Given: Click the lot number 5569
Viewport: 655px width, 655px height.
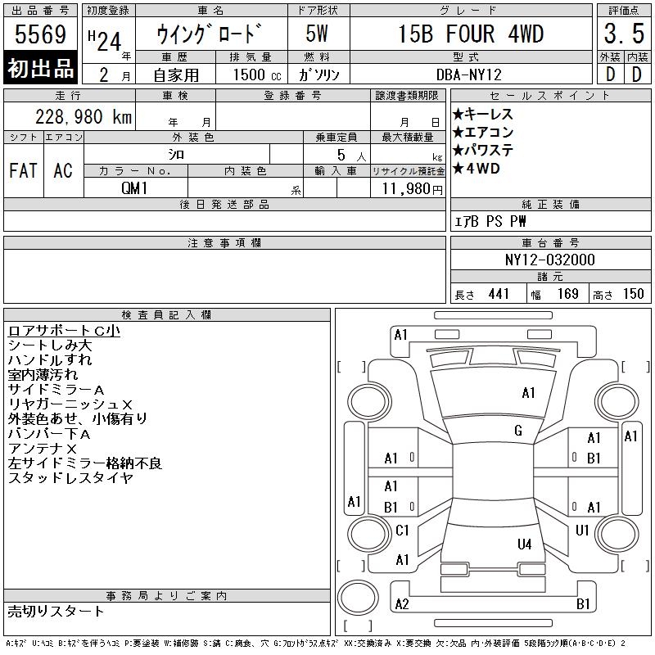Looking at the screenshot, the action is (40, 34).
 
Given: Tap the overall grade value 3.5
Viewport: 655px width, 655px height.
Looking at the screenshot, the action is (624, 34).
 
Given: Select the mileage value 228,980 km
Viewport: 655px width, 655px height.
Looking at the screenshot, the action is (84, 116).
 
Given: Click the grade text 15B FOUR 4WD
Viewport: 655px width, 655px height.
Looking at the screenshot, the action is (471, 34).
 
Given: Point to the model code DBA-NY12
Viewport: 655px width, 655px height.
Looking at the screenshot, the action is (468, 75).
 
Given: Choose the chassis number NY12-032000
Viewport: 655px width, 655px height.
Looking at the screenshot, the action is (549, 260).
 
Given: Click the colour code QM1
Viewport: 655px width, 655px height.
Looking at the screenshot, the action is (134, 188).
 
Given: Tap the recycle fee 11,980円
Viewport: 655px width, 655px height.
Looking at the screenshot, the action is (413, 189).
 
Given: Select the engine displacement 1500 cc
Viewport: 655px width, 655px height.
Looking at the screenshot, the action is (257, 75).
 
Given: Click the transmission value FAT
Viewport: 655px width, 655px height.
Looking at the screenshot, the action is (24, 170).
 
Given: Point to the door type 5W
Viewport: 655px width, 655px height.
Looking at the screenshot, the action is (317, 34).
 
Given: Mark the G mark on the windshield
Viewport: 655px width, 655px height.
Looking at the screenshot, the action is (518, 431).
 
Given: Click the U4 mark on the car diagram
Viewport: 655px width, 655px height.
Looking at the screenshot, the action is (524, 544).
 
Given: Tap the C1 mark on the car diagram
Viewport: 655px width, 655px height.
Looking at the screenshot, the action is (402, 531).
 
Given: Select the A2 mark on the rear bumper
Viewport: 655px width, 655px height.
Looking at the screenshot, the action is (402, 604).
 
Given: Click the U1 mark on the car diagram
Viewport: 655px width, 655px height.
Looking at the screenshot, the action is (582, 531).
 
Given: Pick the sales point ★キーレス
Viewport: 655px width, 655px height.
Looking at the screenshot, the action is (482, 114).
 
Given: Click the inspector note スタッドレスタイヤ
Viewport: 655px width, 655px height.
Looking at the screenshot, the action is (70, 477).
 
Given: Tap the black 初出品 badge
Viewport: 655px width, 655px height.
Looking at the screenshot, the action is (40, 68).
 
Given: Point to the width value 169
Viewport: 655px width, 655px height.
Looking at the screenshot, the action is (567, 294).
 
